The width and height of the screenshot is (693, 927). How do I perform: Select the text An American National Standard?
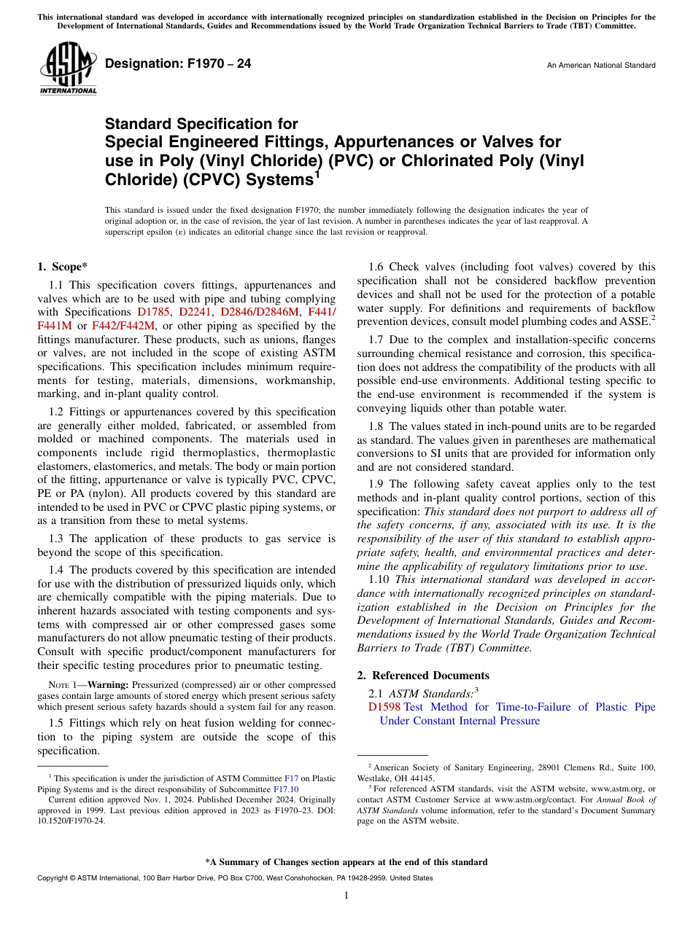(x=601, y=66)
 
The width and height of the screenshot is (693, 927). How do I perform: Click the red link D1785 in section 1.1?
(x=154, y=312)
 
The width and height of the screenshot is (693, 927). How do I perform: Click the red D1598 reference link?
(x=384, y=707)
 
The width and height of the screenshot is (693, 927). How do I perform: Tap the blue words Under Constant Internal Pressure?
(x=460, y=721)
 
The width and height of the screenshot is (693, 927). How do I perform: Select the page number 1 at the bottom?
(x=346, y=896)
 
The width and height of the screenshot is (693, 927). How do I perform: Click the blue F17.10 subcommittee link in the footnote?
(x=285, y=789)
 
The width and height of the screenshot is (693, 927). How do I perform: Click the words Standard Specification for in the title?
(x=201, y=125)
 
